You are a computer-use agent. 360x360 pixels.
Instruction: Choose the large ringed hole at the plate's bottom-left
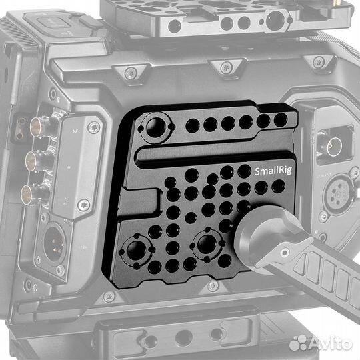pyautogui.click(x=140, y=251)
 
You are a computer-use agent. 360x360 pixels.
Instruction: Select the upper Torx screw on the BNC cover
pyautogui.click(x=94, y=127)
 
